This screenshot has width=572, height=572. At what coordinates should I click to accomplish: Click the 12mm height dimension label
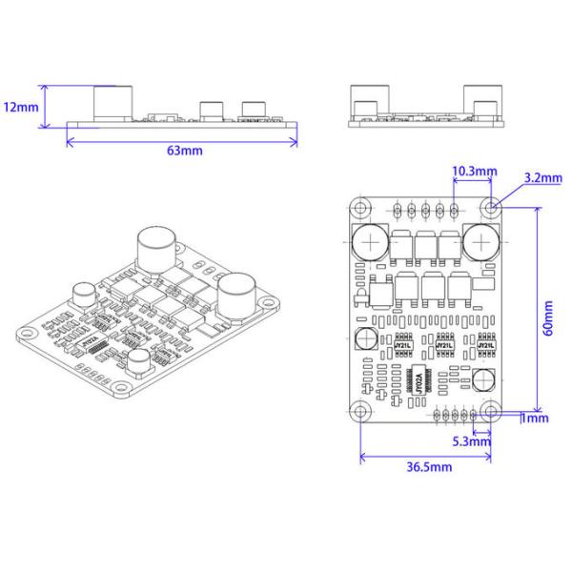coord(20,107)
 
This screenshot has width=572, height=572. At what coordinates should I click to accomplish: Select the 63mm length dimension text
coord(184,151)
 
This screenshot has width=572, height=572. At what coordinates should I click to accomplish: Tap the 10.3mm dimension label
coord(474,172)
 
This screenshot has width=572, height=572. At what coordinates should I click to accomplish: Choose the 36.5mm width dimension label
coord(429,467)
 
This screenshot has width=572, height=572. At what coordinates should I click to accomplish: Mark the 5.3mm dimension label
coord(472,441)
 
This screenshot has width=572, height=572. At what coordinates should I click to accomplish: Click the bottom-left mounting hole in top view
coord(360,411)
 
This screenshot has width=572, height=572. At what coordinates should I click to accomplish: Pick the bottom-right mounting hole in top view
coord(492,411)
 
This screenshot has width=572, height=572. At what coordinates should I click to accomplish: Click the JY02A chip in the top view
coord(419,379)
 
